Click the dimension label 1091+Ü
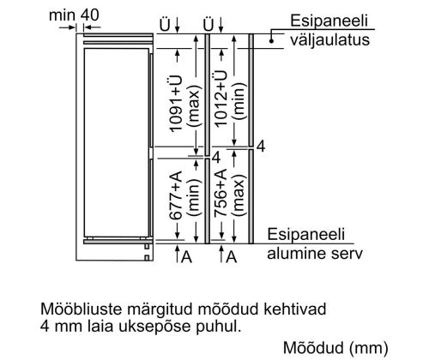[x=176, y=104]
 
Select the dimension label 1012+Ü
[x=221, y=99]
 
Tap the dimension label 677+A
[x=176, y=195]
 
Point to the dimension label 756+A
[x=221, y=193]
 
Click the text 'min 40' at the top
[x=74, y=15]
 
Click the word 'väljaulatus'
[x=330, y=39]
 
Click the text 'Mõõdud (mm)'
[x=335, y=348]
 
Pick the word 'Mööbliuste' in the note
[x=82, y=309]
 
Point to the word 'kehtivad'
[x=295, y=309]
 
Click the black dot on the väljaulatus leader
[x=271, y=41]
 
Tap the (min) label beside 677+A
[x=194, y=197]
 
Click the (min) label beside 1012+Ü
[x=239, y=101]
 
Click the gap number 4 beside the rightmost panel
[x=261, y=146]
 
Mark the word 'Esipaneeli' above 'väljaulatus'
[x=329, y=21]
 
